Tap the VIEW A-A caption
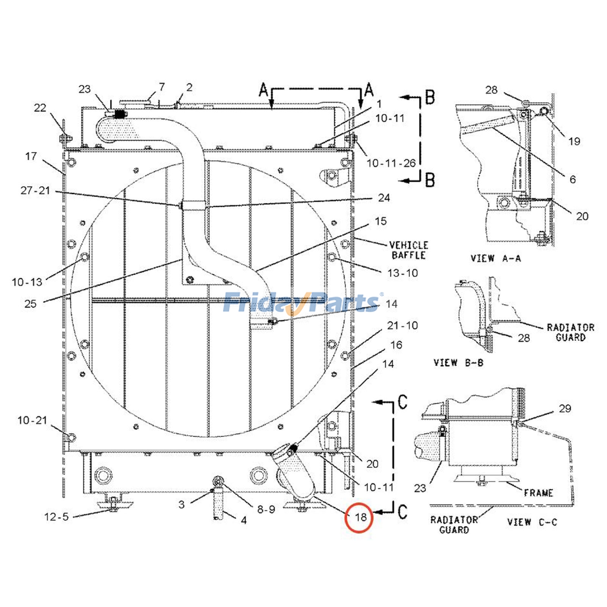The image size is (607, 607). [x=495, y=259]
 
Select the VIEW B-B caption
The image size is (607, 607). [x=458, y=363]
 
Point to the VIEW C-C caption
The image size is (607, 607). [x=532, y=522]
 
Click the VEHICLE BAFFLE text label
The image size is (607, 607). [x=409, y=250]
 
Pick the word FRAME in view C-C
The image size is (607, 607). [x=538, y=493]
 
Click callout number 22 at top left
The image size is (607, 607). [x=40, y=108]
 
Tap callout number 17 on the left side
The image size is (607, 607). [x=31, y=156]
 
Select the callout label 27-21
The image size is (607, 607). [x=35, y=190]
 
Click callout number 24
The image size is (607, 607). [x=384, y=198]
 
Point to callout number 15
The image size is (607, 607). [x=381, y=221]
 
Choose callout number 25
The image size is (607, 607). [x=30, y=303]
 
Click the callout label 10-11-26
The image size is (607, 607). [x=391, y=163]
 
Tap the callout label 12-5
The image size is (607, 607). [x=57, y=517]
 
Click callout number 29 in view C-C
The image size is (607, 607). [x=565, y=409]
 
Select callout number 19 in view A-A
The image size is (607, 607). [x=574, y=142]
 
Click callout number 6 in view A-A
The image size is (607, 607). [x=572, y=179]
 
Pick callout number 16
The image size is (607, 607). [x=396, y=345]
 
